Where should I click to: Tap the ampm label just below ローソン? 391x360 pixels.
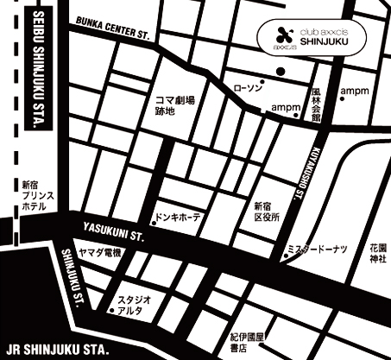pyautogui.click(x=262, y=107)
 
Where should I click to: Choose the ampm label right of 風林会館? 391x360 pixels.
pyautogui.click(x=353, y=91)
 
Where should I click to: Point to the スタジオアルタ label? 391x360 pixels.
pyautogui.click(x=137, y=304)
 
